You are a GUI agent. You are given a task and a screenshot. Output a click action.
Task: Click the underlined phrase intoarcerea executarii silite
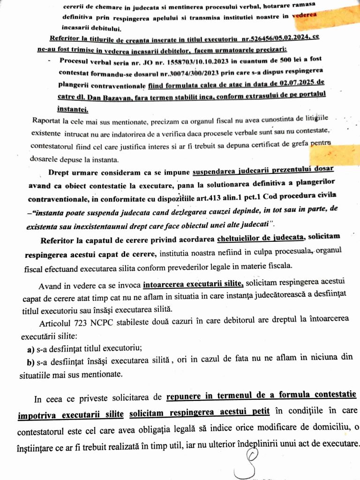click(193, 284)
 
